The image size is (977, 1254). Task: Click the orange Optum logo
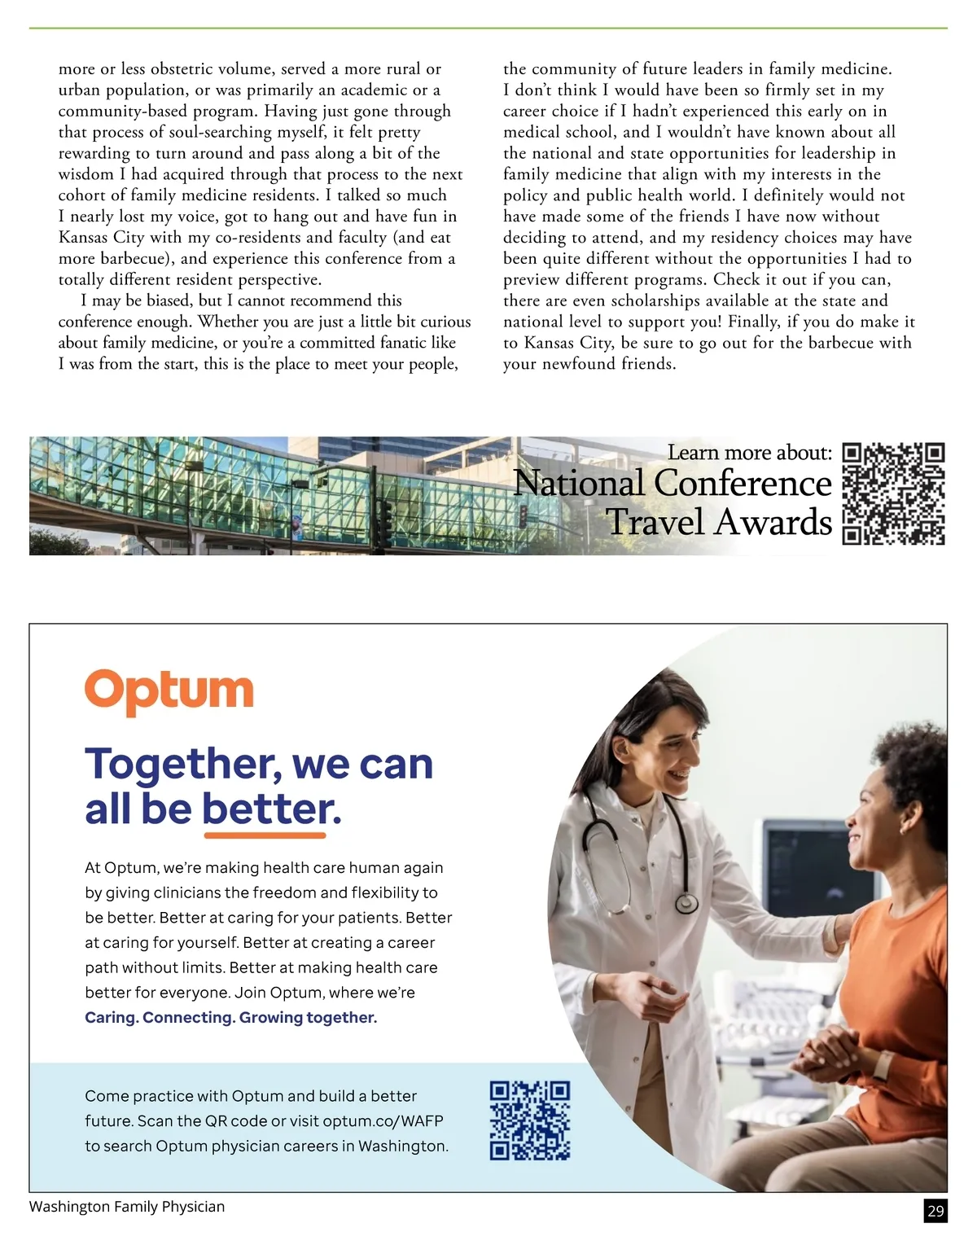click(169, 691)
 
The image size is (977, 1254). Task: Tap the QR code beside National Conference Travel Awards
click(893, 493)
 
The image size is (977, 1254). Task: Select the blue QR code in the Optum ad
click(529, 1120)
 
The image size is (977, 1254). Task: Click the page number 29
click(935, 1211)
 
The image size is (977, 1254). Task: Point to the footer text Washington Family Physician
click(127, 1207)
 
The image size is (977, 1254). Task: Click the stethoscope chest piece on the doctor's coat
click(687, 903)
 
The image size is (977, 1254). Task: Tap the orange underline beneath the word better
click(265, 835)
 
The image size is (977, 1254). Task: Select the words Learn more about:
click(750, 452)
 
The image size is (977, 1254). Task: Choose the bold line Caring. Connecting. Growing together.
click(231, 1017)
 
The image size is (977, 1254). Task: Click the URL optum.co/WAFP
click(383, 1120)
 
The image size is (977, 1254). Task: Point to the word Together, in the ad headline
click(183, 764)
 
